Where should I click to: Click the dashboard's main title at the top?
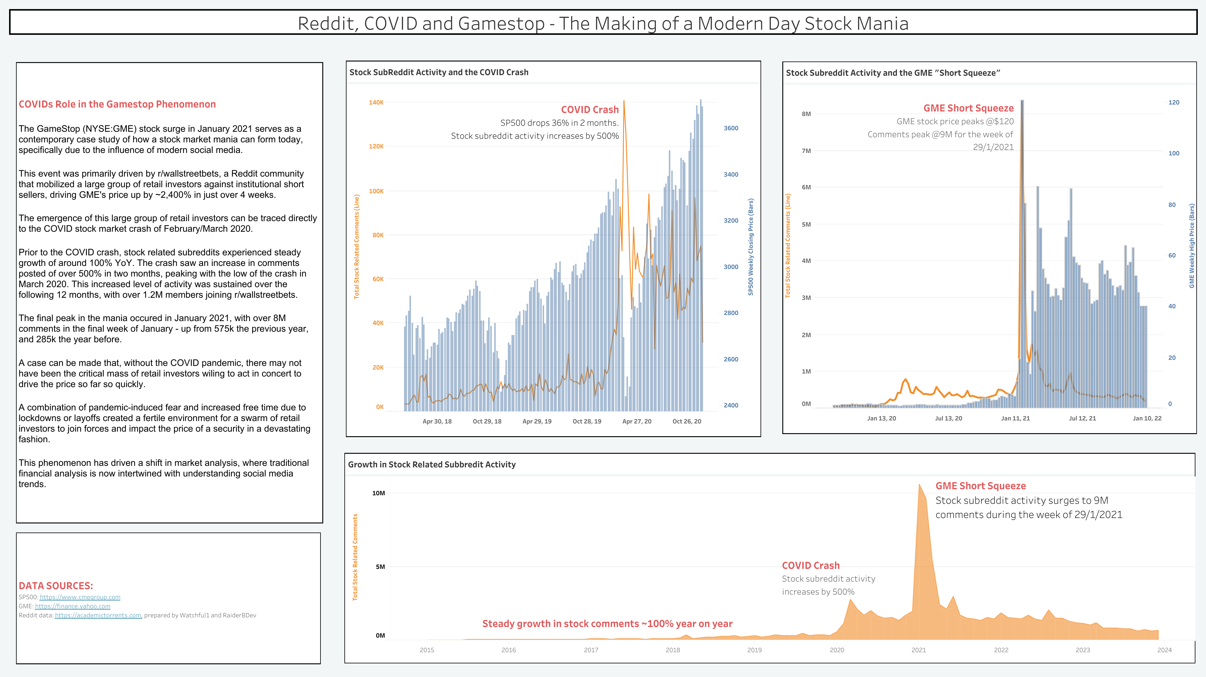[603, 23]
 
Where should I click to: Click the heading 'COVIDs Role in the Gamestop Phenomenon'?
[117, 104]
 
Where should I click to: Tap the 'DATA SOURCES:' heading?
[56, 586]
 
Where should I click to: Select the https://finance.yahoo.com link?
[73, 606]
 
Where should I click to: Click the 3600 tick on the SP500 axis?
[731, 128]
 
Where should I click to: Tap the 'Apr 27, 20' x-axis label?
[637, 421]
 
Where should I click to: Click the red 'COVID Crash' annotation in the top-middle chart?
[590, 110]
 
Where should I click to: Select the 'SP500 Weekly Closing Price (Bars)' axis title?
[751, 247]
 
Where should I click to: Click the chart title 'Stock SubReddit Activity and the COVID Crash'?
[439, 72]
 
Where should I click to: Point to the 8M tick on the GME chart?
[806, 114]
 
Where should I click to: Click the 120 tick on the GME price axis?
[1174, 102]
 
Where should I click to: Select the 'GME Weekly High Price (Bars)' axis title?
[1191, 246]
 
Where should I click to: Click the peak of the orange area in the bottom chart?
[919, 485]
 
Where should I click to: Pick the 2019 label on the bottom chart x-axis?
[754, 650]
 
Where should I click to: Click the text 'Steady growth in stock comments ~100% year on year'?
[607, 624]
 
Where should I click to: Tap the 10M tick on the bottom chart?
[378, 493]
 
